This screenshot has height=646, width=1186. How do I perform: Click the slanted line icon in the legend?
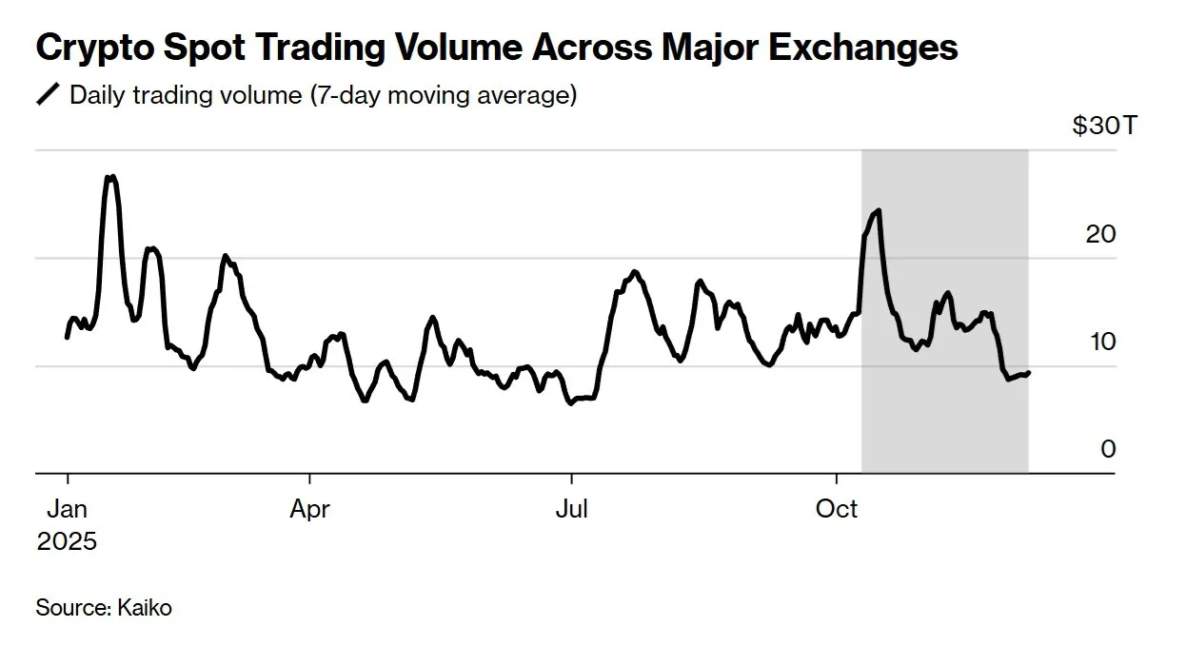click(48, 95)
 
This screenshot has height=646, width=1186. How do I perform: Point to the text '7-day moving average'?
click(440, 95)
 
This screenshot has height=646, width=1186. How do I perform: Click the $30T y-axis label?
click(1103, 126)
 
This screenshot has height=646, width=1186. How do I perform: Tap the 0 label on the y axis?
click(1108, 449)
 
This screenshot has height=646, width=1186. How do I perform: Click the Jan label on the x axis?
click(67, 509)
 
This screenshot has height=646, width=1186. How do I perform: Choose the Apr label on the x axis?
click(309, 509)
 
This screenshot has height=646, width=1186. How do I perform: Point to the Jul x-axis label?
click(571, 509)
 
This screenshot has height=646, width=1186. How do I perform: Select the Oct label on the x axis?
click(837, 509)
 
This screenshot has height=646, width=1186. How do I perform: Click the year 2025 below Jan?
click(67, 541)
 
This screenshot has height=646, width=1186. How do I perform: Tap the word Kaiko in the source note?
click(145, 607)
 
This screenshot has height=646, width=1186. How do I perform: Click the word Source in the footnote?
click(72, 607)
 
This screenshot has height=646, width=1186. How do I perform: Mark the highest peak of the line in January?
click(111, 177)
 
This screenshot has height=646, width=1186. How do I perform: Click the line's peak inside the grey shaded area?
click(878, 210)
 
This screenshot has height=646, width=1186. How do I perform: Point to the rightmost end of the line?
click(1029, 372)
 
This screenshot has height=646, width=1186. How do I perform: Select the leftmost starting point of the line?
click(67, 337)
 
